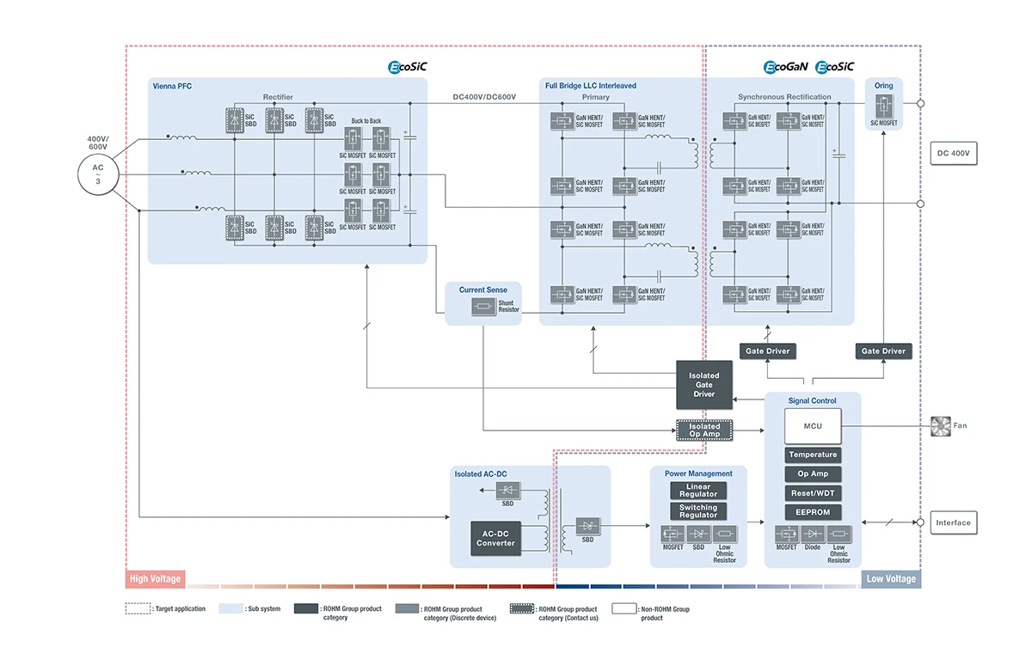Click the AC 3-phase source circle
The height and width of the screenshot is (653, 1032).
(98, 173)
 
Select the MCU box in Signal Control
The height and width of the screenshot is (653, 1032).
(813, 426)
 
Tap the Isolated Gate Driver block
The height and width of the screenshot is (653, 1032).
(704, 384)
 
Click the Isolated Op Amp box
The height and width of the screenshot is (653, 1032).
(704, 430)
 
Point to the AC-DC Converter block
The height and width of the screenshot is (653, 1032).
(495, 538)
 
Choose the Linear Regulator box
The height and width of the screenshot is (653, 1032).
(698, 491)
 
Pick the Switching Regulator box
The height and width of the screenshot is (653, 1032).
(698, 511)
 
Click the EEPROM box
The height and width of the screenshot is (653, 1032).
(813, 512)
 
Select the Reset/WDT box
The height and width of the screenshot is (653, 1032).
(813, 493)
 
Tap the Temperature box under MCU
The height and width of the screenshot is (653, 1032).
(813, 455)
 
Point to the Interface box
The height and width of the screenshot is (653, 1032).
(953, 522)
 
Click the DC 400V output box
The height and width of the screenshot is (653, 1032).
(955, 154)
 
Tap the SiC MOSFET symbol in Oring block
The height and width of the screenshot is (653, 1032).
(883, 107)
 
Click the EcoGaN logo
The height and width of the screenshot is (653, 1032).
(785, 66)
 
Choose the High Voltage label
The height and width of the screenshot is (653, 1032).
(156, 579)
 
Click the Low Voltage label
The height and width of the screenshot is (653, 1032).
(890, 579)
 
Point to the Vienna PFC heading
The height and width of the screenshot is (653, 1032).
(172, 86)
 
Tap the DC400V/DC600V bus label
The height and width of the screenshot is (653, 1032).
(484, 97)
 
